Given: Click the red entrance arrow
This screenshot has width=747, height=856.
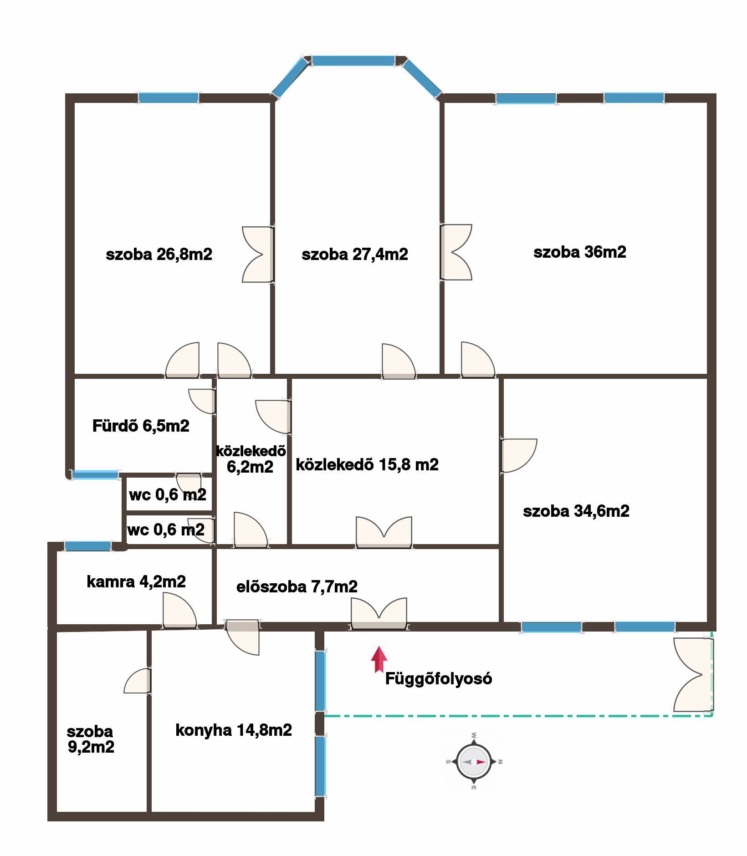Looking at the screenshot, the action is coord(379,659).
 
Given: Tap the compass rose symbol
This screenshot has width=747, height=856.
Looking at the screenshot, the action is coord(474,761).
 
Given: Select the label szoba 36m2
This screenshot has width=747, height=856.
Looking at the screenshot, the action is coord(580,252).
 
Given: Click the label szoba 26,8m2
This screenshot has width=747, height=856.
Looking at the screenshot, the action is coord(159,254).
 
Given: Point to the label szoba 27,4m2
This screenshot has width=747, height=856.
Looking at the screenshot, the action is coord(355,254).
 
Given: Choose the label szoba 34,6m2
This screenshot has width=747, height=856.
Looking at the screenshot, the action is coord(576,511).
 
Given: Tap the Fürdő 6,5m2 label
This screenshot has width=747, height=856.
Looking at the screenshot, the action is coord(141,426).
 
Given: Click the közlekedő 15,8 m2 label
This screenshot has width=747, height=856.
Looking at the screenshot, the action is coord(367,464).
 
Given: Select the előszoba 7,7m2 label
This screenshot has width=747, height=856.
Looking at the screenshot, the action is coord(297,586).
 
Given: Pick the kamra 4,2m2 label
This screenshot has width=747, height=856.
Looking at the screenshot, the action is coord(136,581).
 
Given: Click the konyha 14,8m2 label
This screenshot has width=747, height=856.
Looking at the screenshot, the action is coord(234,730).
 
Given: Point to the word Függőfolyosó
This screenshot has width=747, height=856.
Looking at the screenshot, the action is coord(439,679).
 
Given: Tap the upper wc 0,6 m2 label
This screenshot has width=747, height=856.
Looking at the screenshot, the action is coord(168,494).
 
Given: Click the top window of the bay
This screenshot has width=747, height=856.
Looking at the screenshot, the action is coord(353,61).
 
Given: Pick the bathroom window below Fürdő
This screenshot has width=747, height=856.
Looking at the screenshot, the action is coord(96,474).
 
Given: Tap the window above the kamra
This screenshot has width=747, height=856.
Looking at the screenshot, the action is coord(88,546).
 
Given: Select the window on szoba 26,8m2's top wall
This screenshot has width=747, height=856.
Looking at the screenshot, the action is coord(169,97).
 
